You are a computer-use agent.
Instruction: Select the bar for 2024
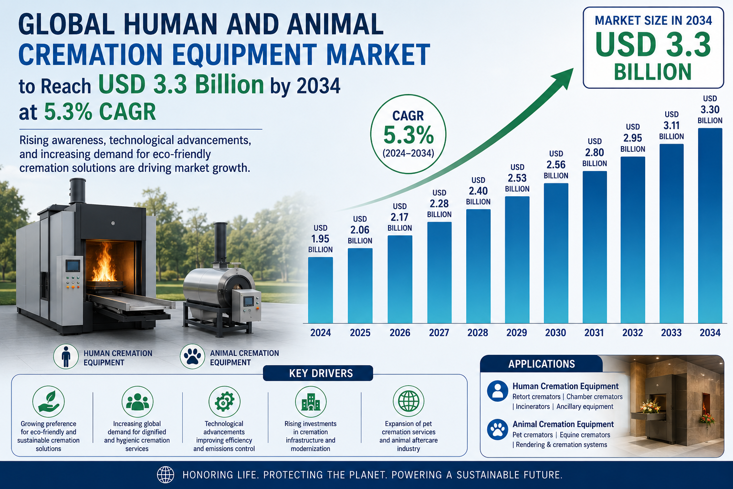point(320,290)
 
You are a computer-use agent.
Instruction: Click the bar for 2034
point(710,226)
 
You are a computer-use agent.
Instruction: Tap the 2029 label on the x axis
point(517,333)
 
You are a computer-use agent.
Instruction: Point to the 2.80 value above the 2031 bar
point(595,153)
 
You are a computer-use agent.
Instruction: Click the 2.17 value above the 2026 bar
point(399,217)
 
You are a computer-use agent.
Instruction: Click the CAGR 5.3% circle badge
point(408,134)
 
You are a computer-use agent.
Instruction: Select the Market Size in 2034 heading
point(653,21)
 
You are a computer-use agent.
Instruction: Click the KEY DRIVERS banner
point(318,373)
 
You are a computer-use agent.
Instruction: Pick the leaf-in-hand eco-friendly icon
point(48,402)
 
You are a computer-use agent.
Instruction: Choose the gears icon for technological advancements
point(224,402)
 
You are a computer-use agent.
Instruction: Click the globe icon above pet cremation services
point(408,401)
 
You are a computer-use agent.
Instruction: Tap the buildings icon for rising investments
point(311,402)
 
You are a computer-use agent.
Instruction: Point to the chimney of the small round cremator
point(220,243)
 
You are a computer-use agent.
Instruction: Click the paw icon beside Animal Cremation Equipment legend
point(192,357)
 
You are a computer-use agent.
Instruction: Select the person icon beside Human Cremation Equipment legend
point(66,357)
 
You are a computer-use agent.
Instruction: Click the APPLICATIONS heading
point(542,364)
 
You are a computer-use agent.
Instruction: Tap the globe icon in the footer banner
point(166,475)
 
